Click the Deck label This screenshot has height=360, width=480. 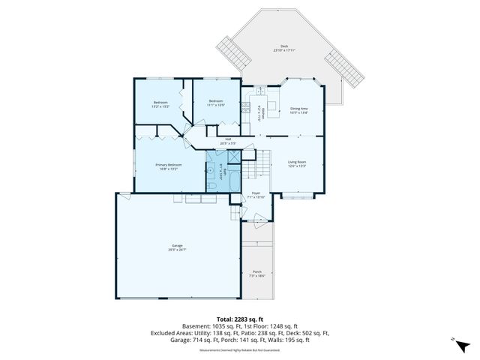[x=284, y=47]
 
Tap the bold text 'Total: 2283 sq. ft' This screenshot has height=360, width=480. [x=239, y=319]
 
